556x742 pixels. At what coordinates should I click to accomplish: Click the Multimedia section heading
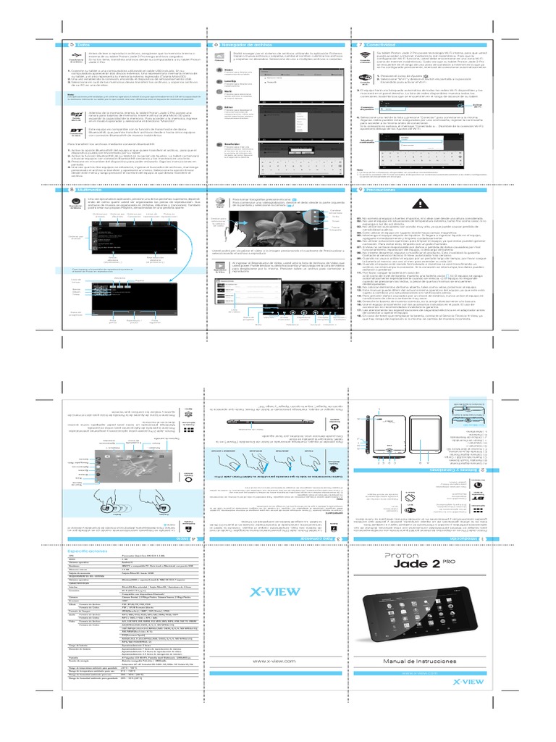tap(83, 190)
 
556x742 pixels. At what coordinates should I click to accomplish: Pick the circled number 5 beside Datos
tap(58, 44)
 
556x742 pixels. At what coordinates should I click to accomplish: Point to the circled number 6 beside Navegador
tap(216, 44)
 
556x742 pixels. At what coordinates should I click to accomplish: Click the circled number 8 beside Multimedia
tap(58, 190)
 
